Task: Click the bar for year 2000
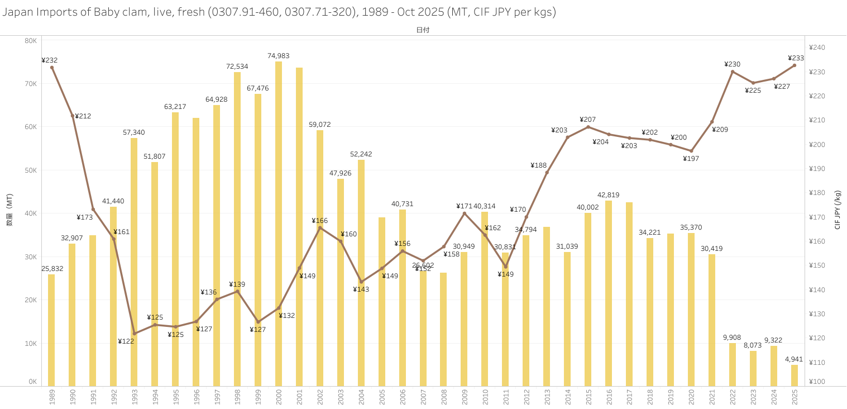pyautogui.click(x=279, y=223)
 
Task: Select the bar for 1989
pyautogui.click(x=51, y=330)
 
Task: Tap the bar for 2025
pyautogui.click(x=795, y=375)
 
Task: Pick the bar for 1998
pyautogui.click(x=237, y=229)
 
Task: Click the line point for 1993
pyautogui.click(x=134, y=333)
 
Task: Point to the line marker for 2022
pyautogui.click(x=733, y=72)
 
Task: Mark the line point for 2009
pyautogui.click(x=464, y=213)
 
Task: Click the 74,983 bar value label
pyautogui.click(x=279, y=56)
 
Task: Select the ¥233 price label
pyautogui.click(x=796, y=58)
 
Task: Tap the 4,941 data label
pyautogui.click(x=795, y=359)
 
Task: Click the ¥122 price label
pyautogui.click(x=126, y=341)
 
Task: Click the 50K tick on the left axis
pyautogui.click(x=31, y=170)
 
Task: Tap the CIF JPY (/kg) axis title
pyautogui.click(x=838, y=210)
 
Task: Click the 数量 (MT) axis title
pyautogui.click(x=9, y=210)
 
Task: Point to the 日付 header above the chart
pyautogui.click(x=423, y=30)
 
